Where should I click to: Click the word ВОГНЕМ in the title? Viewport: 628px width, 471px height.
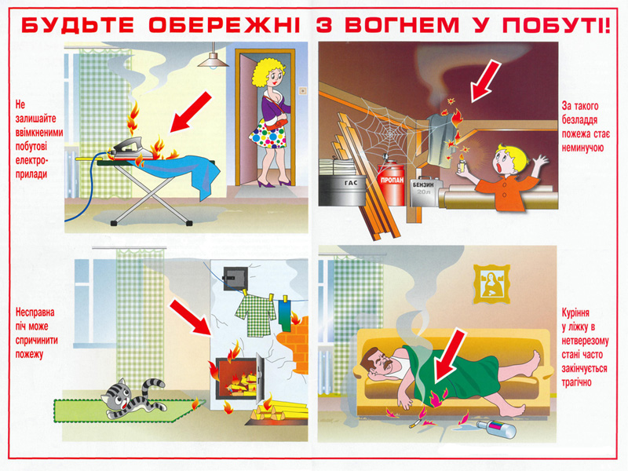(x=402, y=25)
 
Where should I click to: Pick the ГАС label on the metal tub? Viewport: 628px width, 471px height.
(x=350, y=183)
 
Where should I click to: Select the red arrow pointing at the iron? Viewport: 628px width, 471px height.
(x=190, y=111)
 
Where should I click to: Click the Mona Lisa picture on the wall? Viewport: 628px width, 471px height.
(x=491, y=284)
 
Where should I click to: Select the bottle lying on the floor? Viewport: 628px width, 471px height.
(x=496, y=429)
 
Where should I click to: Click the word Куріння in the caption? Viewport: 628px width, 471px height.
(x=575, y=312)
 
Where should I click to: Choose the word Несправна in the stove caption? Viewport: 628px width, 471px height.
(x=35, y=312)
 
